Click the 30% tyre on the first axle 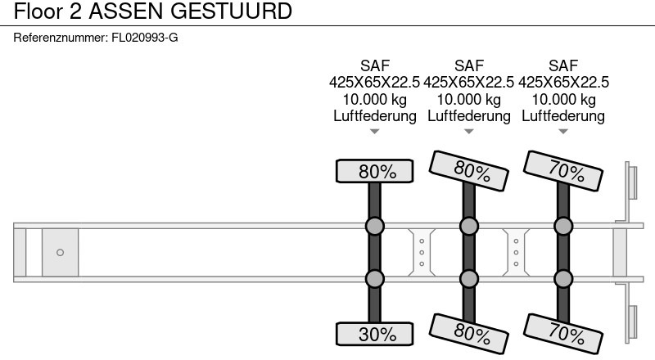[374, 334]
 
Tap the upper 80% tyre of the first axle [374, 171]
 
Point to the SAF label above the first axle [374, 65]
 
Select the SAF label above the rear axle [563, 65]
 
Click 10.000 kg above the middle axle [469, 99]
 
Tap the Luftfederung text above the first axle [374, 115]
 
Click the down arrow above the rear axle [563, 132]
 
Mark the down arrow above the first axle [374, 132]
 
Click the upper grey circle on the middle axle [469, 226]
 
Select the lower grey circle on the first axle [374, 279]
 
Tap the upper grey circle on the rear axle [563, 226]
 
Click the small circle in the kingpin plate [60, 252]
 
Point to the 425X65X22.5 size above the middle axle [469, 82]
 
